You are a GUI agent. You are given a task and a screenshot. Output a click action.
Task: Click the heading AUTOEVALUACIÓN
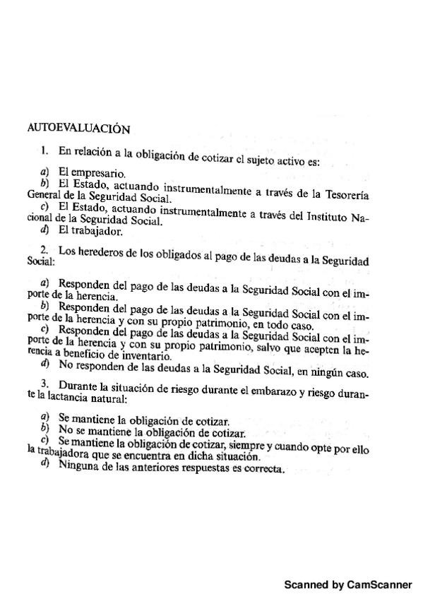coord(78,129)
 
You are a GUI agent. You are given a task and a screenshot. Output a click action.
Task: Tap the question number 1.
coord(44,150)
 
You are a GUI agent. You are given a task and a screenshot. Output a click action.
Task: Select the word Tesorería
coord(345,193)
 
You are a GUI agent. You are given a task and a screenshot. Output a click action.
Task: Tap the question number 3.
coord(44,384)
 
